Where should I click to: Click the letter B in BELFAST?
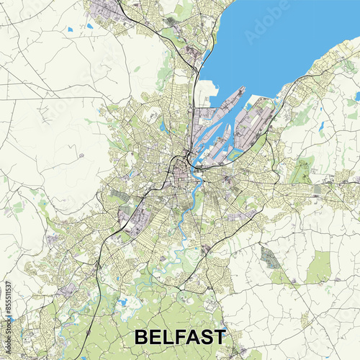[x=142, y=337]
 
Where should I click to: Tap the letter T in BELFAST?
[x=219, y=337]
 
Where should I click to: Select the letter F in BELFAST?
[x=173, y=337]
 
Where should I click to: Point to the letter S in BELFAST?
[x=204, y=337]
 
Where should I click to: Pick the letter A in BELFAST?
[x=188, y=337]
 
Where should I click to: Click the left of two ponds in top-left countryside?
[x=69, y=30]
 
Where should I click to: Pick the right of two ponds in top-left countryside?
[x=90, y=26]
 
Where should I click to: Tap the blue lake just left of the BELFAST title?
[x=123, y=302]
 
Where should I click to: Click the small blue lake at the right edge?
[x=357, y=95]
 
